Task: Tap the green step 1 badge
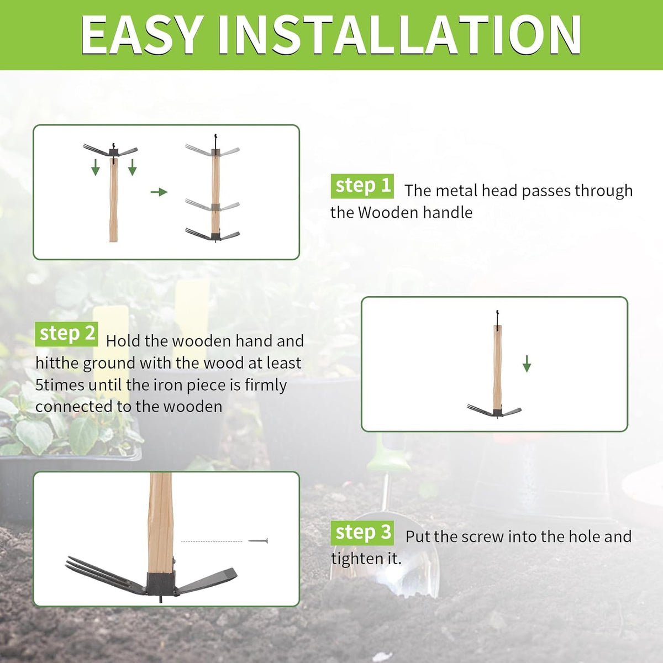362,186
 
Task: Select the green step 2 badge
66,334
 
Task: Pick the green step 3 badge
362,533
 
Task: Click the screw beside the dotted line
257,541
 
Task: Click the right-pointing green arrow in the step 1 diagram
159,192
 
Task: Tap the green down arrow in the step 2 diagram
527,364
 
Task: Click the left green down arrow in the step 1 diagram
95,167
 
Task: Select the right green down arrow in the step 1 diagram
133,167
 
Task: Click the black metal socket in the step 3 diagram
162,584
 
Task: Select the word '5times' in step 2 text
60,385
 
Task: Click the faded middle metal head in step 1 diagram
213,206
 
